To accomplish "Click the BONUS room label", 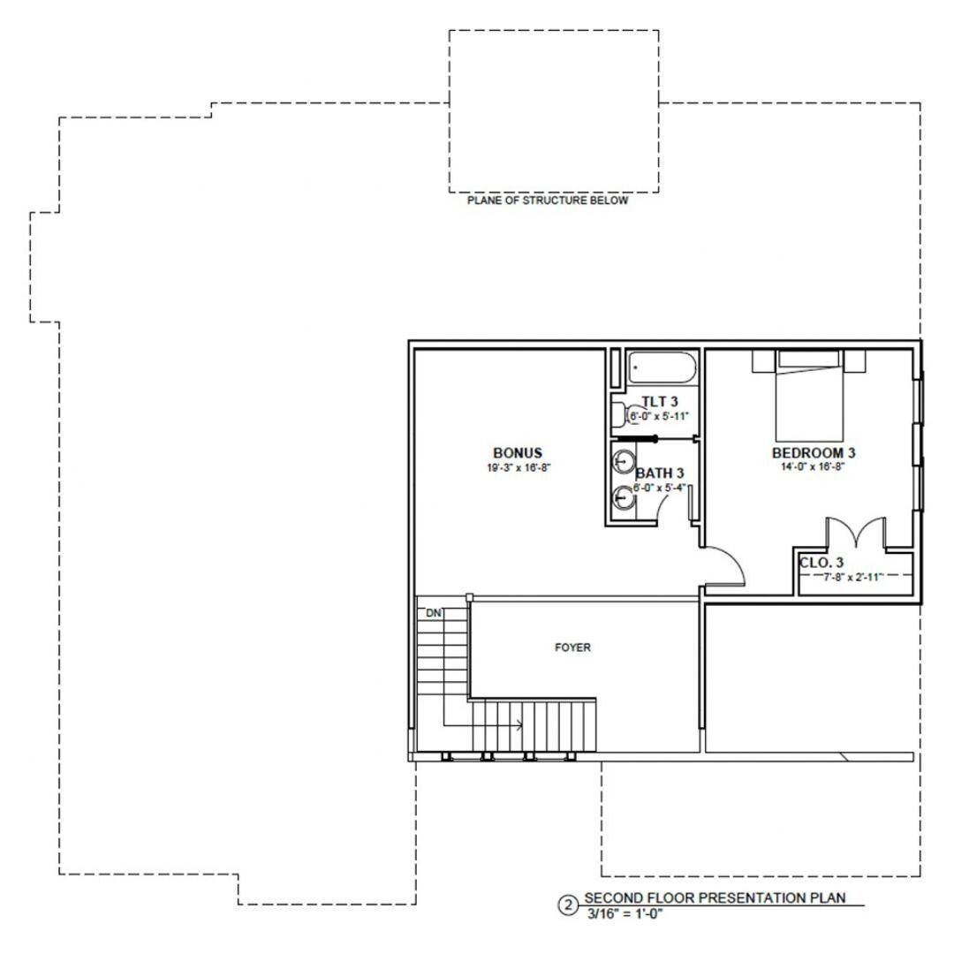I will coord(517,453).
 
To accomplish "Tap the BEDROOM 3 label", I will coord(814,453).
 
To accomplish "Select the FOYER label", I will coord(572,647).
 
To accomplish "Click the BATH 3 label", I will coord(660,473).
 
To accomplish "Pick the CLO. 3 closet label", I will coord(821,563).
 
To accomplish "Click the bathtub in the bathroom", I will coord(662,367).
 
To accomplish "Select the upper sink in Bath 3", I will coord(624,462).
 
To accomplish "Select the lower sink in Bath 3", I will coord(624,498).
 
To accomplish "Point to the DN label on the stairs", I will coord(434,613).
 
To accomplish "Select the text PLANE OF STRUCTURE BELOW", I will coord(548,201).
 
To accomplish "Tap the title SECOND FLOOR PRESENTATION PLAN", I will coord(715,898).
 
